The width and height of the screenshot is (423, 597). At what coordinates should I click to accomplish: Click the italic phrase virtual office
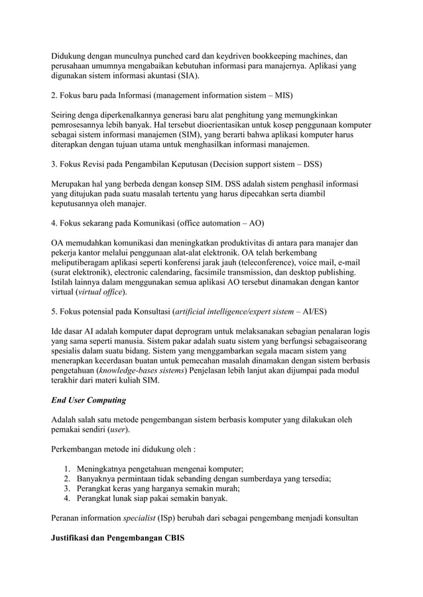click(x=101, y=291)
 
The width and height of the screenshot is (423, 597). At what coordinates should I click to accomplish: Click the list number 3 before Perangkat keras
click(x=66, y=488)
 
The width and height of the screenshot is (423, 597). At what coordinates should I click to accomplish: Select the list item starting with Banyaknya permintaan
click(x=204, y=479)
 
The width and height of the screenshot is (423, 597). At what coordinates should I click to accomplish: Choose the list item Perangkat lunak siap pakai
click(x=152, y=499)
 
